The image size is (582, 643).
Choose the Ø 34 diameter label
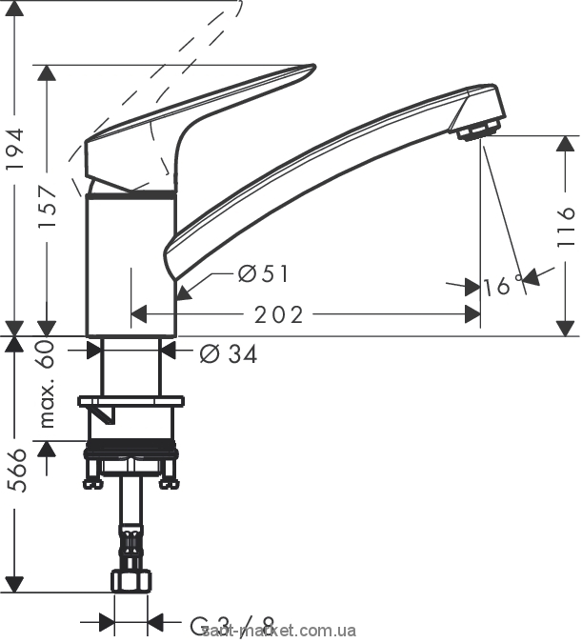[x=229, y=353]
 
